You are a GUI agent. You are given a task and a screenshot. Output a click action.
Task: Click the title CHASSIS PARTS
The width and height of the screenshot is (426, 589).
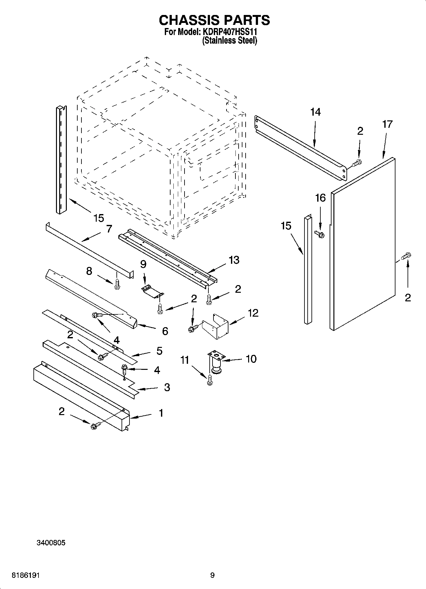tap(214, 20)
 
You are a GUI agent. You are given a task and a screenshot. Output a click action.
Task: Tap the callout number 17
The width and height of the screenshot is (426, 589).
tap(387, 124)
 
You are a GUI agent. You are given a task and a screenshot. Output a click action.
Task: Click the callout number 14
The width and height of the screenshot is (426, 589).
tap(315, 112)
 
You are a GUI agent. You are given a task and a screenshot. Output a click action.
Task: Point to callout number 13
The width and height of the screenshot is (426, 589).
tap(234, 260)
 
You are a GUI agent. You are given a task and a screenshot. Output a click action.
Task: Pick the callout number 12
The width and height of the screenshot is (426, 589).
tap(253, 313)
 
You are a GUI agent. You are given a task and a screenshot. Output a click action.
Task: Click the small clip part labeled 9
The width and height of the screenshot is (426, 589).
tap(152, 291)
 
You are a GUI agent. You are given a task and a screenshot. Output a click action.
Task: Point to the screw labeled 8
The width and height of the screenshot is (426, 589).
tap(117, 284)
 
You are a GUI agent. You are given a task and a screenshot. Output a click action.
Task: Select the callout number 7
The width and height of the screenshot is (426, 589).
tap(109, 229)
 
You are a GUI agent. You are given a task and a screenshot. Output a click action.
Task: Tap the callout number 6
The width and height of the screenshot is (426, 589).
tap(165, 331)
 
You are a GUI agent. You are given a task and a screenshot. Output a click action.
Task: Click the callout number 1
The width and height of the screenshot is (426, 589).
tap(161, 413)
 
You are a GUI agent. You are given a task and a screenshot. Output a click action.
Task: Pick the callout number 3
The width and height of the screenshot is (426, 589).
tap(167, 387)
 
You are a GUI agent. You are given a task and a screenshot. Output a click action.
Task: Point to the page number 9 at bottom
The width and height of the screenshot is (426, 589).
tap(212, 575)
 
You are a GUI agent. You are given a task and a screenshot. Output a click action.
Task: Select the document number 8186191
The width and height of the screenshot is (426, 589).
tap(26, 575)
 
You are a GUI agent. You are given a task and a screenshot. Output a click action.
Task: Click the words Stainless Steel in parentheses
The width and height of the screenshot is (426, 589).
tap(229, 41)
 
